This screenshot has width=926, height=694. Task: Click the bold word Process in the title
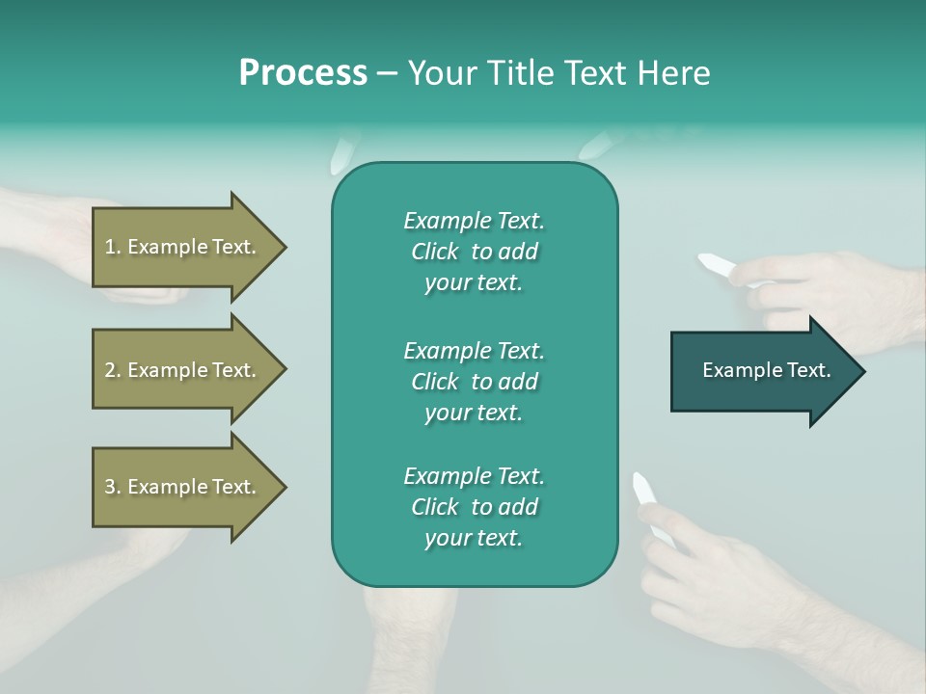[303, 73]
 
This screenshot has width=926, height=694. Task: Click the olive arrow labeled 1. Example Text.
[183, 247]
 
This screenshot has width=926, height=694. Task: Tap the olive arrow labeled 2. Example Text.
[183, 370]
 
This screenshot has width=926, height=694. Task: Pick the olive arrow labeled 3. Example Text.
[183, 487]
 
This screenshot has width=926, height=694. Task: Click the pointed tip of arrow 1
[284, 247]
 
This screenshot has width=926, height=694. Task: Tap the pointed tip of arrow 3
[284, 487]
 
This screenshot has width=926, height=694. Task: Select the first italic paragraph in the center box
[474, 252]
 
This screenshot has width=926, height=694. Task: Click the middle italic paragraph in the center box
[474, 382]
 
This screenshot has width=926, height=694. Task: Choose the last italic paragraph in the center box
[474, 507]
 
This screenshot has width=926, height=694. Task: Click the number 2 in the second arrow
[110, 370]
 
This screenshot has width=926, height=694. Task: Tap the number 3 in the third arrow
[110, 487]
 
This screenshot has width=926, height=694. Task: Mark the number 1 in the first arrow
[110, 247]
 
